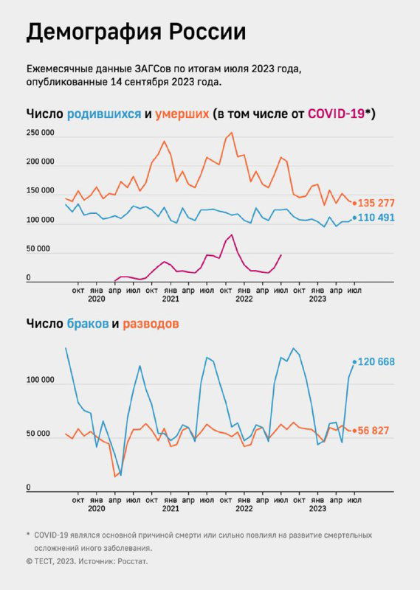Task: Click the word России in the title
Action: (207, 33)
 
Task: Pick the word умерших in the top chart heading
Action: (182, 114)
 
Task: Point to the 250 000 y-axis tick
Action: (40, 133)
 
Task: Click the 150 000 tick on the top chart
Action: (40, 191)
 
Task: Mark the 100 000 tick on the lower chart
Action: (40, 381)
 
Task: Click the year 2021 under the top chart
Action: (171, 299)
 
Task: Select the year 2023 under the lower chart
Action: (317, 509)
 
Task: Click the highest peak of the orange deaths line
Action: (232, 133)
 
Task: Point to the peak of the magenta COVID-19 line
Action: (232, 235)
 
